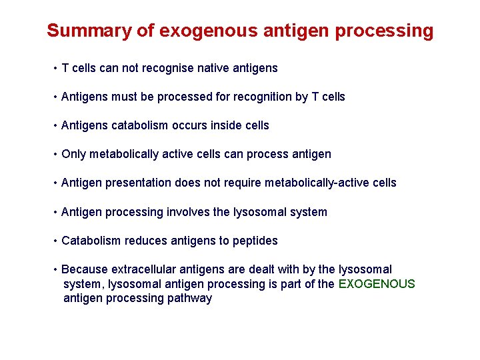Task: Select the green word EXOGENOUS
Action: [377, 284]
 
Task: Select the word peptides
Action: [255, 241]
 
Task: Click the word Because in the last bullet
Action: [85, 269]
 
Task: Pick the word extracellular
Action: [143, 269]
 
